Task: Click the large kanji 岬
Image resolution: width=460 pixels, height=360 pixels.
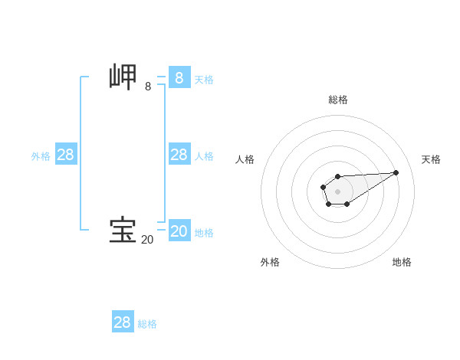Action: (123, 78)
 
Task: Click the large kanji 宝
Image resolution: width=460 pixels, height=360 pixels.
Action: (123, 231)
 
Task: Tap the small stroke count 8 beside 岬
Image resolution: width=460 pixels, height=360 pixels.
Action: (148, 87)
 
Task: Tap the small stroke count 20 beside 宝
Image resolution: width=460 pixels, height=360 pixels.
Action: (147, 240)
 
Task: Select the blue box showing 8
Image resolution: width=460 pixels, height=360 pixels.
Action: (179, 78)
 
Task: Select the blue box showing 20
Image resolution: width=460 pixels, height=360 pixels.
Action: (179, 231)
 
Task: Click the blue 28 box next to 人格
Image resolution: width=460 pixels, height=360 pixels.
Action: (179, 155)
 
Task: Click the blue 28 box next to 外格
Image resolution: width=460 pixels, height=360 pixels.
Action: (66, 155)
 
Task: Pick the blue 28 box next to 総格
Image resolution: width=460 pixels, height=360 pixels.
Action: (123, 322)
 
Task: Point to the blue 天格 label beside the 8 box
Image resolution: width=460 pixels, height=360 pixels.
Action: (204, 80)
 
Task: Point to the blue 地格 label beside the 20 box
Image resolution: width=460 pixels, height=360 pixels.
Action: (204, 233)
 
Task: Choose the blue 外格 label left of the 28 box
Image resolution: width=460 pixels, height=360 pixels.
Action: (41, 156)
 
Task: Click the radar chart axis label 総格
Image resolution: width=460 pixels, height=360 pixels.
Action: (338, 100)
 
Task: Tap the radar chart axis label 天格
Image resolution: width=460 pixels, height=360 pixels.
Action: (431, 159)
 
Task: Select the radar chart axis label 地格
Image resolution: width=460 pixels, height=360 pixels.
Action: (402, 262)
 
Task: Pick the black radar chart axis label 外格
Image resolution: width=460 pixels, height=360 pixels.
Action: (270, 262)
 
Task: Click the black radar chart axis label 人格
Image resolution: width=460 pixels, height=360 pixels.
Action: (245, 159)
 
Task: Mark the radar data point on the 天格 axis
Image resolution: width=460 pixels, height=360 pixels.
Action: (396, 172)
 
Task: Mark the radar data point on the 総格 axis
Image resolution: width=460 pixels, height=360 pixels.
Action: (337, 177)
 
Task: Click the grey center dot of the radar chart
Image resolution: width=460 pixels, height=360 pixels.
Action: (337, 191)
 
